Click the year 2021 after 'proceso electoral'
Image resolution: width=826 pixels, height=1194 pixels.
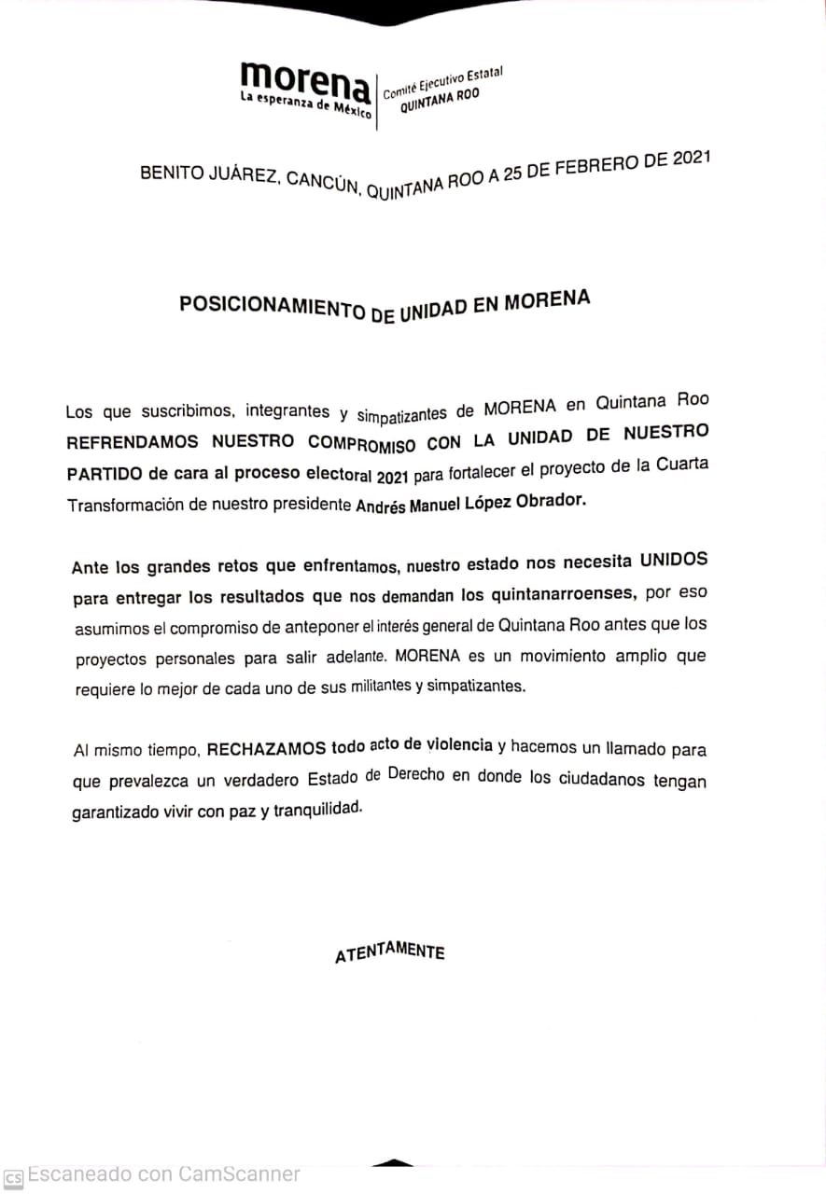tap(393, 477)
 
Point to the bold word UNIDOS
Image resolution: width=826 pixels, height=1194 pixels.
tap(673, 560)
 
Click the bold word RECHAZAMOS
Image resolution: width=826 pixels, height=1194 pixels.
tap(266, 748)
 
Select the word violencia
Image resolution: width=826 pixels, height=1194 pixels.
tap(459, 744)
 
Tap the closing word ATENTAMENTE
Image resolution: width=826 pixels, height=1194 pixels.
tap(389, 953)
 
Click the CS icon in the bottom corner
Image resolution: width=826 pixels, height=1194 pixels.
tap(13, 1176)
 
